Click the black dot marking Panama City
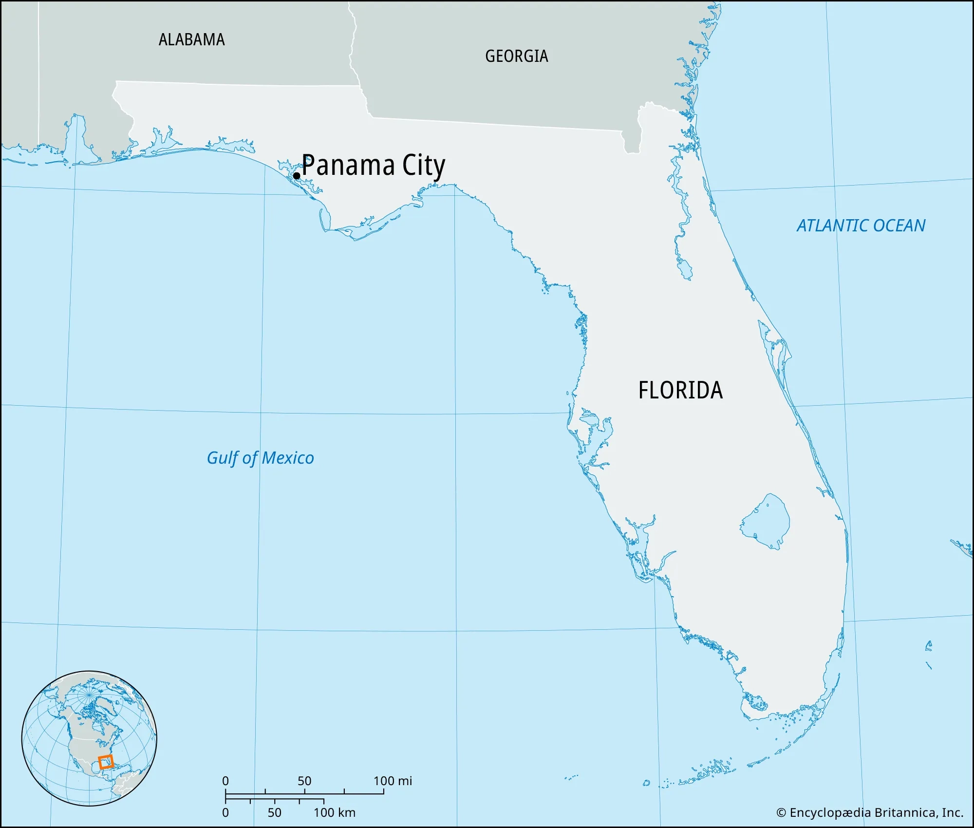(296, 176)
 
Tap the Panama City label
(373, 166)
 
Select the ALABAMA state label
(192, 39)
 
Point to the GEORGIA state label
(517, 56)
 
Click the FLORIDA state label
(680, 390)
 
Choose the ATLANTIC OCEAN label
(861, 226)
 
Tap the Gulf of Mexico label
(260, 458)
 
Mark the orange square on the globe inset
(106, 762)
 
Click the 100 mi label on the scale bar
(393, 781)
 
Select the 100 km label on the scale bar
(334, 812)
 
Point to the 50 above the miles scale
(304, 781)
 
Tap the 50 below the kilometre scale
(274, 812)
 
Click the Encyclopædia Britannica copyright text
(870, 812)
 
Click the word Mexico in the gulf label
(288, 458)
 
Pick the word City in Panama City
(424, 167)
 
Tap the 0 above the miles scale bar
(225, 781)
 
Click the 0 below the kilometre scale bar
(225, 812)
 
